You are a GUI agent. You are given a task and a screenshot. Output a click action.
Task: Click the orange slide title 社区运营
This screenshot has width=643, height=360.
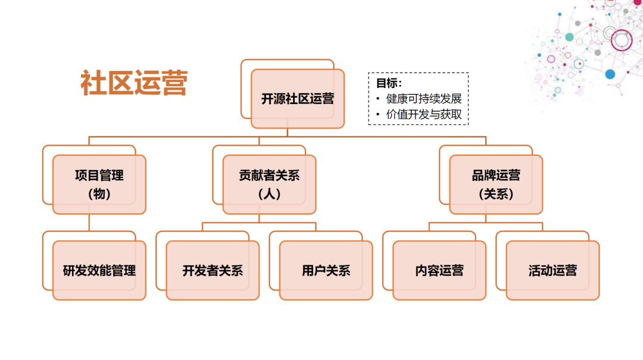(134, 83)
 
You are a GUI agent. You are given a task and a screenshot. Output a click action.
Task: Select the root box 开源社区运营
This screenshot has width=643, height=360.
(298, 99)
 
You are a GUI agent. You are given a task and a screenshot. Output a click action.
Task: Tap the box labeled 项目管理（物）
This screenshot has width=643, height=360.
(99, 184)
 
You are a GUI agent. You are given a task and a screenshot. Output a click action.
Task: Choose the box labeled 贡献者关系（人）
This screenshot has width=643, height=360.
(270, 184)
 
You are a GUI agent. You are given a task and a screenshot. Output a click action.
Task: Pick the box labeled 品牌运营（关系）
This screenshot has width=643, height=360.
(496, 184)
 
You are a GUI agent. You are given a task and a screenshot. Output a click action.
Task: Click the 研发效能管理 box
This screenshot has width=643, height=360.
(99, 270)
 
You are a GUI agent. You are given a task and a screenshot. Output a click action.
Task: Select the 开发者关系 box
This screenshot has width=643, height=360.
(213, 270)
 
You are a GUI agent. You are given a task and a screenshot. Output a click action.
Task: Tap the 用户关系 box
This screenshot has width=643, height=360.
(326, 270)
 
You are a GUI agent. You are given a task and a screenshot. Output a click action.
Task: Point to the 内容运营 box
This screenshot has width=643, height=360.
(439, 270)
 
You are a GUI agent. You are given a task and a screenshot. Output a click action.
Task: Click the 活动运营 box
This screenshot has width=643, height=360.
(553, 270)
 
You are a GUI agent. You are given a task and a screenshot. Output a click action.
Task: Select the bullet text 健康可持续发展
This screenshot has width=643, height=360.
(424, 99)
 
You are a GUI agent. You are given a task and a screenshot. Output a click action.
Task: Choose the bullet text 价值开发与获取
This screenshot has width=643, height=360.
(424, 114)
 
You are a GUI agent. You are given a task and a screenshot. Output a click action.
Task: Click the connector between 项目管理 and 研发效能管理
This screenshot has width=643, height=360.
(89, 223)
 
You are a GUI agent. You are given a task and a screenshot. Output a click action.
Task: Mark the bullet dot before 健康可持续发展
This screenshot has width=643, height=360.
(378, 99)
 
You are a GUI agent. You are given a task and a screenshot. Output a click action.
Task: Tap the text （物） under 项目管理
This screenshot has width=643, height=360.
(99, 194)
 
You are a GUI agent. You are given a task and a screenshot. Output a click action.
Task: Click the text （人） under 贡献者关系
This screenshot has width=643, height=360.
(270, 194)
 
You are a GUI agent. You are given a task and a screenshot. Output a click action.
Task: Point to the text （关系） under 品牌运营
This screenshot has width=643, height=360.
(496, 194)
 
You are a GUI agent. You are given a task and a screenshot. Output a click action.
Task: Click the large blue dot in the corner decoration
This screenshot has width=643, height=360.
(610, 74)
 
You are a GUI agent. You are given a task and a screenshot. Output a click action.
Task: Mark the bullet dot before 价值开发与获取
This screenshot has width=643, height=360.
(378, 114)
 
